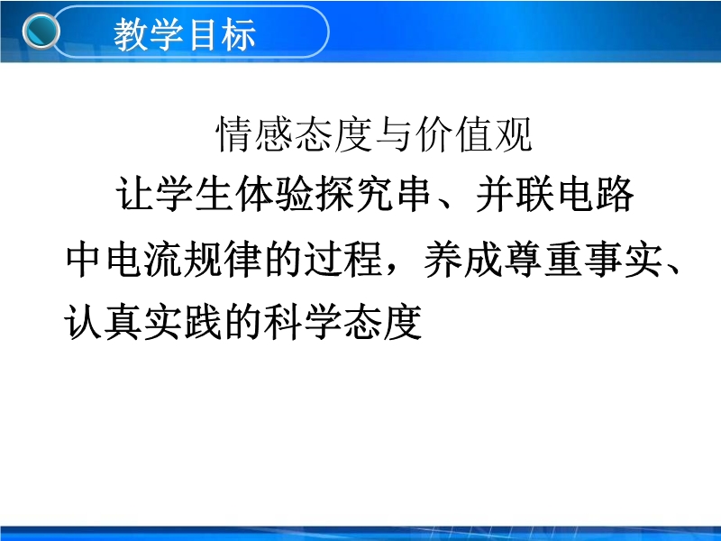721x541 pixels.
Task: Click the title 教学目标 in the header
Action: click(x=185, y=34)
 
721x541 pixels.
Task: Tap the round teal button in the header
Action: click(x=41, y=32)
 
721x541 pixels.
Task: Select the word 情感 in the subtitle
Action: click(x=255, y=134)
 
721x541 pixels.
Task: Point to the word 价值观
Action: click(x=474, y=134)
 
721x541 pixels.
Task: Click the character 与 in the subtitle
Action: click(x=394, y=134)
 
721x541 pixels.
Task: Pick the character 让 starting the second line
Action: click(x=134, y=194)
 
